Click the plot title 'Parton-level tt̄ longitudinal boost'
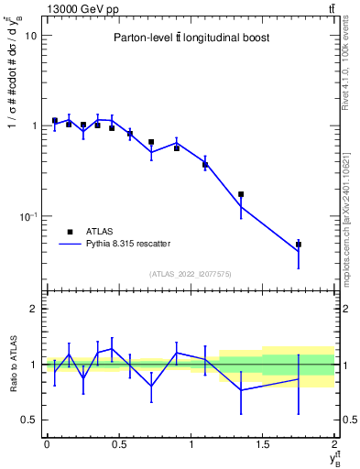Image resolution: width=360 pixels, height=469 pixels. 190,38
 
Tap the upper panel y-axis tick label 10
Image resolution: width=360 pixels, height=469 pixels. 30,36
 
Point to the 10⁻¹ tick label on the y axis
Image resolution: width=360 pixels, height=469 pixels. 27,216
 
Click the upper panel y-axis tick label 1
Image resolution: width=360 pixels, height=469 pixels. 33,126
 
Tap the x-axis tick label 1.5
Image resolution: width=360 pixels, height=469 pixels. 263,444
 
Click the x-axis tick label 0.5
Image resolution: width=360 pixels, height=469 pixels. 118,444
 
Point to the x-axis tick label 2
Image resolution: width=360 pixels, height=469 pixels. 335,444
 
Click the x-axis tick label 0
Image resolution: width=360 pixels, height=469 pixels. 47,444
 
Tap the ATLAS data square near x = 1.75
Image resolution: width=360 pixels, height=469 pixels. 299,245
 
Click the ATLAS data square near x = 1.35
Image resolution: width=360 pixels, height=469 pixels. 241,194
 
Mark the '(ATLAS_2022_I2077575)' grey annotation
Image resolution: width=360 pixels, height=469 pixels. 190,273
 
